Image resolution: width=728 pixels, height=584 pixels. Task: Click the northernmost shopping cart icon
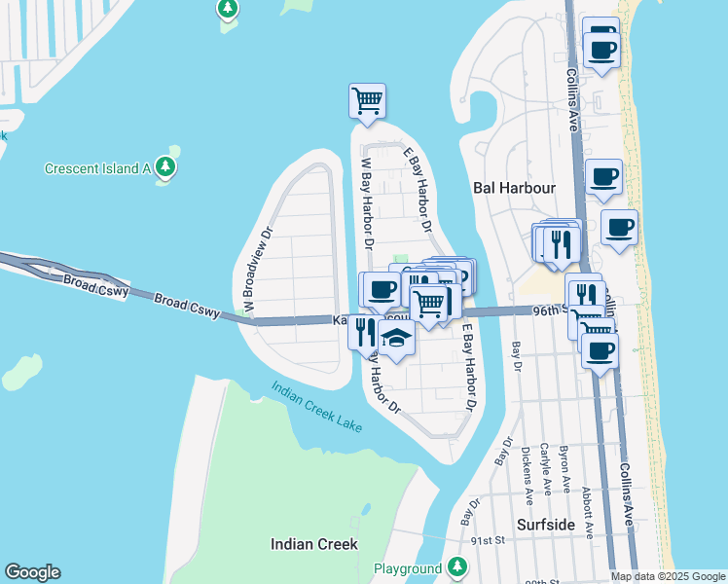(x=367, y=100)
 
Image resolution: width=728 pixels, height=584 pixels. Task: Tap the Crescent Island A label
(x=96, y=168)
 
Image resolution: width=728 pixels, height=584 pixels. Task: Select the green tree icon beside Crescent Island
(x=167, y=166)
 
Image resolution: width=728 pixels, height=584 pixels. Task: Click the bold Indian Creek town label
(x=313, y=544)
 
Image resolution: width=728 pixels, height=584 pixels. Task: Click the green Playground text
(x=408, y=568)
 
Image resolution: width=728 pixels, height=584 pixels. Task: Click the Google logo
(x=32, y=572)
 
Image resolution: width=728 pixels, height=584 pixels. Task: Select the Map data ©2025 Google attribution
(x=668, y=576)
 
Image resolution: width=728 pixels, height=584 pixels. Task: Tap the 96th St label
(x=550, y=310)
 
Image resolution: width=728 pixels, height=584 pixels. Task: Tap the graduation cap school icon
(x=396, y=339)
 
